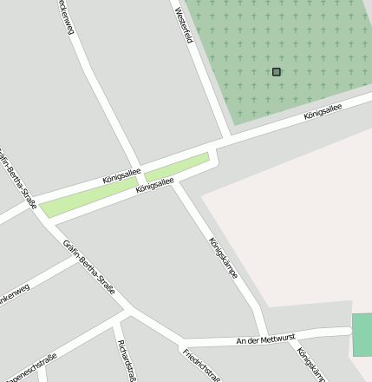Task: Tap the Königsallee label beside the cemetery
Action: coord(323,112)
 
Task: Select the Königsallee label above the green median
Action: coord(121,175)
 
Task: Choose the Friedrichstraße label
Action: coord(202,366)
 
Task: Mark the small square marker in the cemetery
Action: coord(277,72)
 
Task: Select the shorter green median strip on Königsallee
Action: coord(178,168)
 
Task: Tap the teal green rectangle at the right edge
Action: coord(362,335)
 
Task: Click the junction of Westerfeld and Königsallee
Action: coord(228,140)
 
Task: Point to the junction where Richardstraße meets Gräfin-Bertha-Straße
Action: coord(130,310)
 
